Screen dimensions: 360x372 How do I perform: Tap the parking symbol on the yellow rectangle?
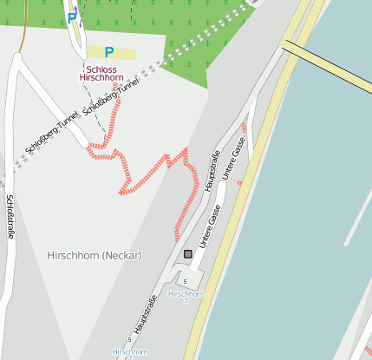point(108,53)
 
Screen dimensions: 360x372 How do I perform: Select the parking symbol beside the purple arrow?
point(71,17)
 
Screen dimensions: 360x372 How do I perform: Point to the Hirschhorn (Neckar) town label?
point(95,256)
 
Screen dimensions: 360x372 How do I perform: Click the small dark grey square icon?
point(188,254)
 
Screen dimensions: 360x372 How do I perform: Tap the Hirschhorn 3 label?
point(185,297)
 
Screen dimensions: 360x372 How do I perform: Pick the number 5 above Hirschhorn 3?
point(185,282)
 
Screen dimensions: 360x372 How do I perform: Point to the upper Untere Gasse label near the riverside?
point(234,158)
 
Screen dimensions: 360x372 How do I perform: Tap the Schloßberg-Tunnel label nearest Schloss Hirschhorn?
point(110,99)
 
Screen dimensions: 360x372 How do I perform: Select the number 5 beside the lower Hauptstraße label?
point(129,338)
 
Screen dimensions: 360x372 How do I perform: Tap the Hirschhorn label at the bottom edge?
point(129,352)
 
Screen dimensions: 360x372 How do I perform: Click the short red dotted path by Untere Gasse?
point(237,180)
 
